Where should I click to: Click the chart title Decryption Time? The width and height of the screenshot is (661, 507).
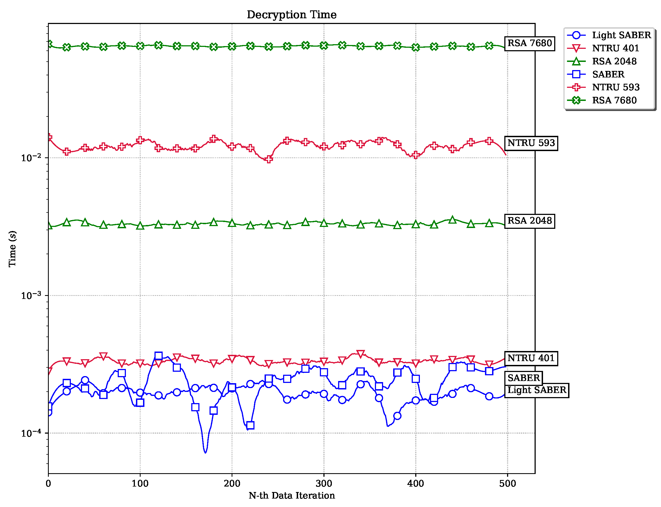(292, 14)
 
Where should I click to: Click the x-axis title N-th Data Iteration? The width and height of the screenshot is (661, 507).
(292, 496)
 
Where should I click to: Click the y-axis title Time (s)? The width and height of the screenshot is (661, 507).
(12, 249)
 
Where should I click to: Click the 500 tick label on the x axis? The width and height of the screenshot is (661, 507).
(507, 484)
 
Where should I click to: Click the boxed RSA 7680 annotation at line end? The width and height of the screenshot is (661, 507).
(529, 43)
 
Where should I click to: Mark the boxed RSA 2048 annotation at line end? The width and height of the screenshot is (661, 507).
(529, 221)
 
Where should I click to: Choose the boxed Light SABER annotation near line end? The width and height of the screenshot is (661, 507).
(536, 390)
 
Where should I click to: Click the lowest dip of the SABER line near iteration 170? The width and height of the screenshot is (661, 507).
(205, 452)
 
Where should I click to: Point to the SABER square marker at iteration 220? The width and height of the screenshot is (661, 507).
(250, 425)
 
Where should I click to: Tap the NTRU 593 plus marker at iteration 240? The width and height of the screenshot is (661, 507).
(269, 159)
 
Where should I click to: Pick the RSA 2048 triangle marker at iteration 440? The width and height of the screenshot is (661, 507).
(452, 220)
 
